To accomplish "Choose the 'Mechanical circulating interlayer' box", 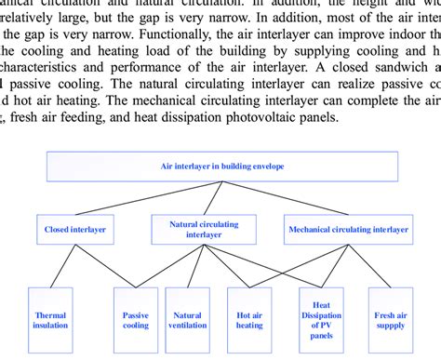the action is tap(347, 229).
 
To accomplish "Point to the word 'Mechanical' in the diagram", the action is tap(314, 229).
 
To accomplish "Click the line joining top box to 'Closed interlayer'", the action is tap(149, 199).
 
